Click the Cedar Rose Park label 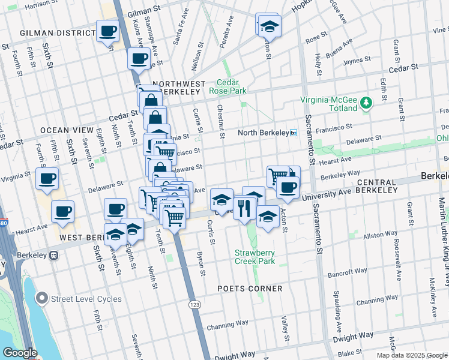tap(228, 86)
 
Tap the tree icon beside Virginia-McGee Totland tap(366, 105)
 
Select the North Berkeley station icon tap(293, 133)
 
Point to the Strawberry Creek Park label tap(255, 257)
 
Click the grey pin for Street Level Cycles tap(41, 298)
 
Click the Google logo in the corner tap(20, 353)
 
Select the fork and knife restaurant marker tap(244, 208)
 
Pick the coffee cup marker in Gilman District tap(108, 31)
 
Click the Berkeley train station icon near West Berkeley tap(53, 255)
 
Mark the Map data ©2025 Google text tap(411, 355)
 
